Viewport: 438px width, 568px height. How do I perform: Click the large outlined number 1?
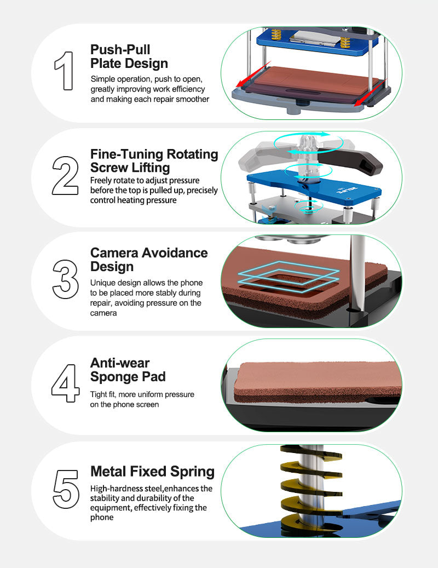click(x=65, y=71)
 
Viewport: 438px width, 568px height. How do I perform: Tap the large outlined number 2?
click(x=65, y=176)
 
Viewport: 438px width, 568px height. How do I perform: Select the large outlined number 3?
click(x=66, y=279)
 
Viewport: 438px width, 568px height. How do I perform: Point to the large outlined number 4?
click(x=66, y=383)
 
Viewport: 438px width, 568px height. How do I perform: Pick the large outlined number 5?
click(x=66, y=489)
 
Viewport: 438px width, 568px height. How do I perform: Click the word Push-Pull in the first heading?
click(x=120, y=49)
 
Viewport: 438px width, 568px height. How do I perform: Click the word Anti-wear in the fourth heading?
click(x=120, y=363)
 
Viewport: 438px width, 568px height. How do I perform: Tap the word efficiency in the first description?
click(x=188, y=89)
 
